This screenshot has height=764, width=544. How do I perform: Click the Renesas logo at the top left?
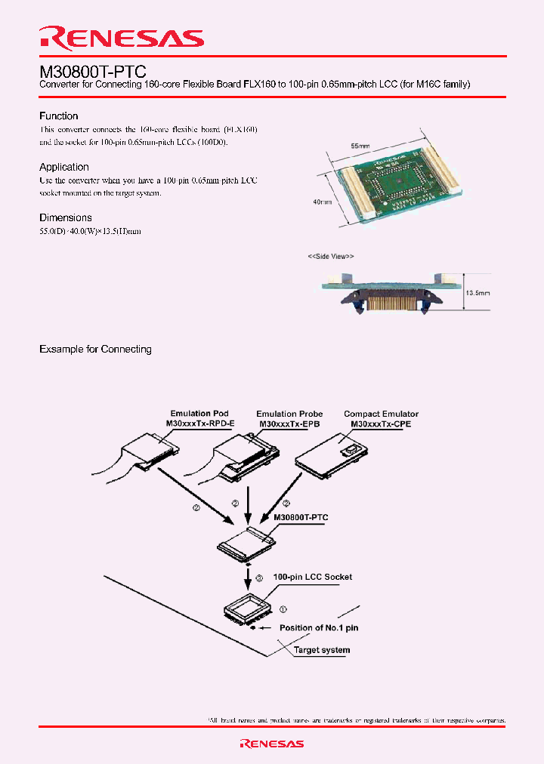122,38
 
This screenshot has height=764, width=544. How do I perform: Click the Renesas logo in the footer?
271,744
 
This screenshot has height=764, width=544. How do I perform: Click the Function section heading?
59,116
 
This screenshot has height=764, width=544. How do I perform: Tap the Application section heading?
64,167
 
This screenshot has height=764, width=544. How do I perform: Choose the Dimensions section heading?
66,217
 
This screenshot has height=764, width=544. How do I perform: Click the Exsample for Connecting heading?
95,350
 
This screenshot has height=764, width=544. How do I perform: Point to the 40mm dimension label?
323,202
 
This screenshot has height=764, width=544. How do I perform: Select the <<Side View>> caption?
330,257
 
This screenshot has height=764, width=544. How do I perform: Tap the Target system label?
321,650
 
